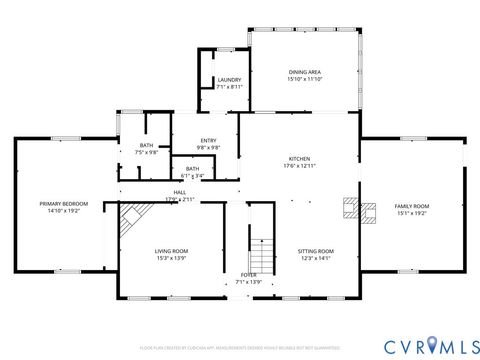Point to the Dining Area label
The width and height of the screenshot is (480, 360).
(304, 72)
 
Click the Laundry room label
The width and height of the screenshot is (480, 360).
(229, 80)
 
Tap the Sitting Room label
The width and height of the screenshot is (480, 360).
(316, 251)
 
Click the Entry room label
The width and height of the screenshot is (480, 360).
(208, 140)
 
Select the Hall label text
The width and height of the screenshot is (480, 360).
(180, 192)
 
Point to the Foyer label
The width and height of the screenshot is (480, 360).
(247, 274)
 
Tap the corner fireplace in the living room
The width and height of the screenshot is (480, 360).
(131, 219)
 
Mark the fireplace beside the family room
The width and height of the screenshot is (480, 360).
(349, 208)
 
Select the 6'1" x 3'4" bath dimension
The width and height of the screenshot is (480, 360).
(191, 176)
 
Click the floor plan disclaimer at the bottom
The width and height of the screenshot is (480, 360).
(240, 347)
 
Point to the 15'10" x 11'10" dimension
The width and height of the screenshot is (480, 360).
(304, 79)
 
